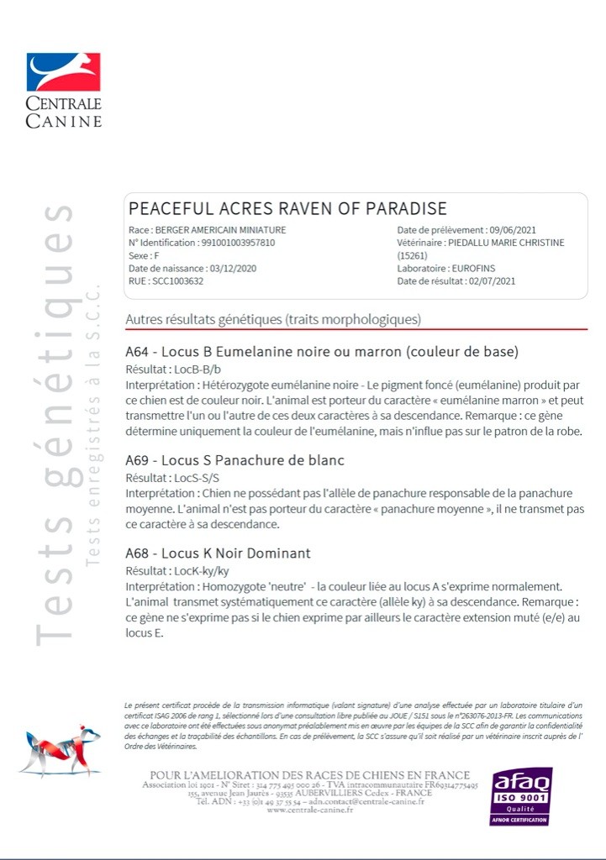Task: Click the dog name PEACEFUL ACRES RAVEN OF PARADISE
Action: point(287,208)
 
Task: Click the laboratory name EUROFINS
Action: point(474,268)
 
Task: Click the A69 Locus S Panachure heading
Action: point(234,460)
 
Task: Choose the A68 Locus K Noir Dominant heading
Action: point(218,553)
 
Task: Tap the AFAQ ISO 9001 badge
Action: point(521,795)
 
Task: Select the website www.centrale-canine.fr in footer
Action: point(309,810)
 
